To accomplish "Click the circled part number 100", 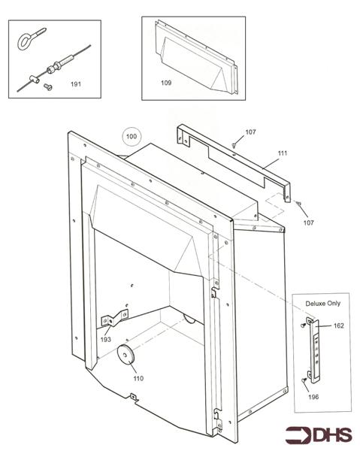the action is [x=132, y=136].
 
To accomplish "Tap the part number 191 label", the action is [x=76, y=84].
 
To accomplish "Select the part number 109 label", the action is [x=166, y=83].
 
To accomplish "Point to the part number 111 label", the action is [x=283, y=153].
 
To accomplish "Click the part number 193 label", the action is [x=105, y=340].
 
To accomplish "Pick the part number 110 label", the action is [x=138, y=378].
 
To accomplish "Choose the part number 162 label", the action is [x=339, y=325].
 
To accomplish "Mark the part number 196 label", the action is [x=313, y=397].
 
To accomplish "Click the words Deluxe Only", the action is [x=323, y=304].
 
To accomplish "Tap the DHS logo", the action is [x=319, y=435].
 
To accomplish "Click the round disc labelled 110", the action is [x=126, y=353].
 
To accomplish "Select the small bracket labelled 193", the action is [x=114, y=318].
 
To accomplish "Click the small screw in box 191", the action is [x=48, y=86].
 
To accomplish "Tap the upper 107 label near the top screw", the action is [x=250, y=132].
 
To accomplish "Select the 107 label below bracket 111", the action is [x=309, y=222].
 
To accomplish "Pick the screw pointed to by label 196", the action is [x=304, y=380].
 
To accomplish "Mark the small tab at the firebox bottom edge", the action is [x=134, y=397].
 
